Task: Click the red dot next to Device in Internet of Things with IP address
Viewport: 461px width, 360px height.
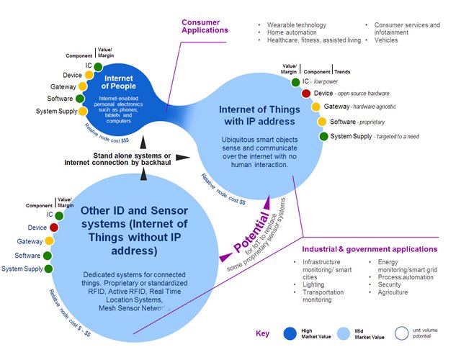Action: tap(306, 94)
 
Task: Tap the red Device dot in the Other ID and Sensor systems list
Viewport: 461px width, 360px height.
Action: tap(53, 228)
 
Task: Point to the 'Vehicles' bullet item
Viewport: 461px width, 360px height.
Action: tap(390, 41)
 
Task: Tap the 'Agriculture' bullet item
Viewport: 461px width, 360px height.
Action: tap(393, 292)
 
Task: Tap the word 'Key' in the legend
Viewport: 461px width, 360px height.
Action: tap(263, 334)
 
